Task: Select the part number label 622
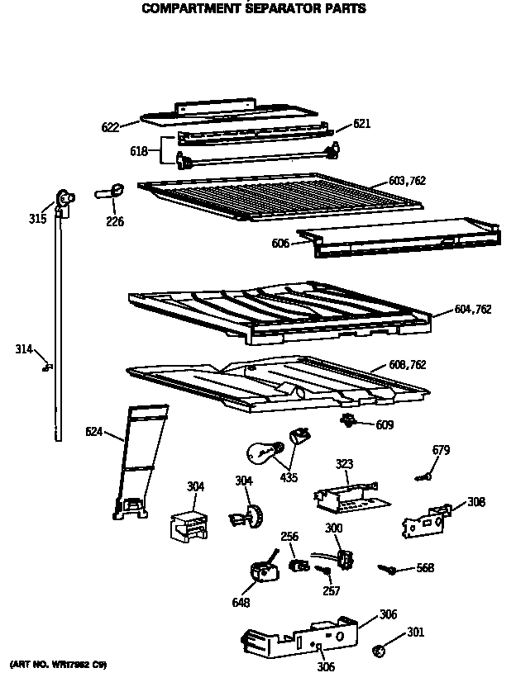pos(110,127)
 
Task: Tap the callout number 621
pos(361,124)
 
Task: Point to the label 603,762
pos(407,181)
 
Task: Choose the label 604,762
pos(473,310)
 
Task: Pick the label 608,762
pos(408,365)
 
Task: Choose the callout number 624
pos(94,430)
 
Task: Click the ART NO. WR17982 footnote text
pos(58,665)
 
